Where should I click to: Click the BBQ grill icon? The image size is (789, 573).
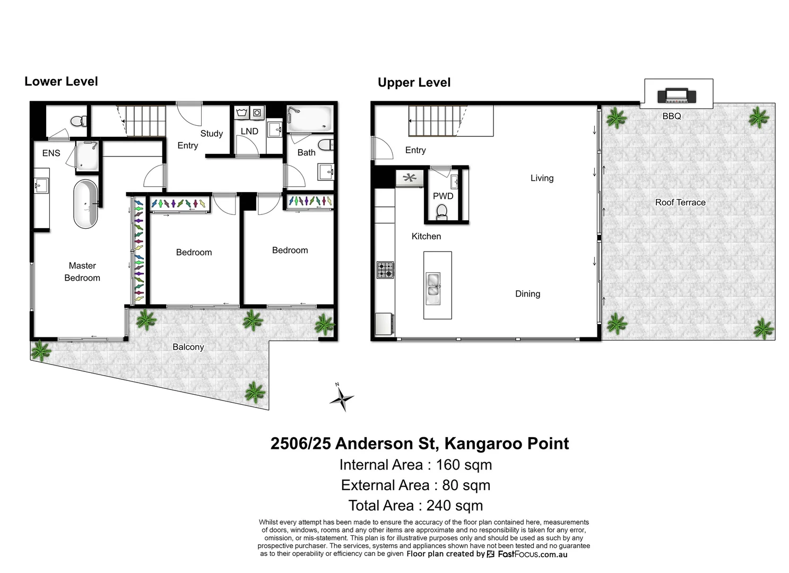click(676, 96)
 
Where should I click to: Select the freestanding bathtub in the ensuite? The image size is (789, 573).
click(85, 204)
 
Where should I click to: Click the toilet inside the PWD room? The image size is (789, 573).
click(442, 212)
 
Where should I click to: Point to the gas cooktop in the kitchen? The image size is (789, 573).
click(385, 270)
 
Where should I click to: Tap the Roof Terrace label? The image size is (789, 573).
click(680, 202)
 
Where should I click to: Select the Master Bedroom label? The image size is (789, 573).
click(82, 272)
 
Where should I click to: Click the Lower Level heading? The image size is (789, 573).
click(61, 81)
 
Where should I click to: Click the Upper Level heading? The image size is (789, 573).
click(414, 82)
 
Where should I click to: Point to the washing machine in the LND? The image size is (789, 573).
click(257, 112)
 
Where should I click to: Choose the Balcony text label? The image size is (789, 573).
click(188, 347)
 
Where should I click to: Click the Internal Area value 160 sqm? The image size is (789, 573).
click(464, 465)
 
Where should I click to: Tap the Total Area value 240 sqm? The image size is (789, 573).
click(455, 506)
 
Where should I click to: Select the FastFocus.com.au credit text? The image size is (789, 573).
click(532, 554)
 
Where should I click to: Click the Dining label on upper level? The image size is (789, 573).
click(527, 294)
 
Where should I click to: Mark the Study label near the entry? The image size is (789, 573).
click(211, 134)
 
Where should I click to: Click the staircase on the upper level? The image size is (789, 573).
click(432, 120)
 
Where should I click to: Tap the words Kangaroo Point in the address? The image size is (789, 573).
click(506, 444)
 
